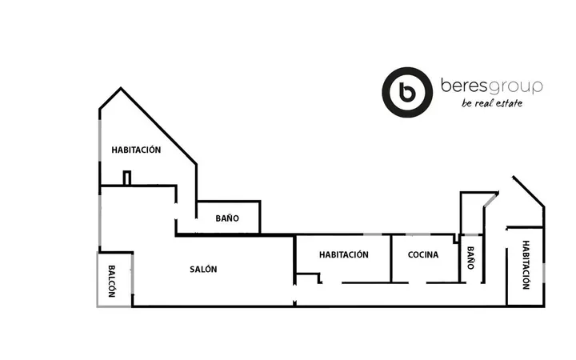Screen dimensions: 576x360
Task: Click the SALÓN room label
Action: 203,270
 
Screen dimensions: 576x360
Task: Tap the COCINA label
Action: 423,254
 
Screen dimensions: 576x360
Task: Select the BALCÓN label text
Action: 112,281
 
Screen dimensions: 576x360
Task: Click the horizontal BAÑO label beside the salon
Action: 227,218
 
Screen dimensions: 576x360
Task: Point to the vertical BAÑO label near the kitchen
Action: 470,258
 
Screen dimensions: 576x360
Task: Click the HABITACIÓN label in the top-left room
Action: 136,150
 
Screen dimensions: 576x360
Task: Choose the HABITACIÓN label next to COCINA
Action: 343,254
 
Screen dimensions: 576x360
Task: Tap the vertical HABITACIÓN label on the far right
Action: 526,265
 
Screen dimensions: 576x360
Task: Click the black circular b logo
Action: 407,92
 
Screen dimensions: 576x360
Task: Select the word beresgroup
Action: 491,86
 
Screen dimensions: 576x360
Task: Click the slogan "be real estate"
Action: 492,103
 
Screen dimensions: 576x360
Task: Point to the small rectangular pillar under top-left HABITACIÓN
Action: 127,178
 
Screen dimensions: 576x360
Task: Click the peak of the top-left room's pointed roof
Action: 121,88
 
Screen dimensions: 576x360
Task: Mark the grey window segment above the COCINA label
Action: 418,234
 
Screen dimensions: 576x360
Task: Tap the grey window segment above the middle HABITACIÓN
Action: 373,234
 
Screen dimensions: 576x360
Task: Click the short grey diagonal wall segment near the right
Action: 490,199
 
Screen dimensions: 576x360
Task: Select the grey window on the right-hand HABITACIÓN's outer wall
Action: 544,273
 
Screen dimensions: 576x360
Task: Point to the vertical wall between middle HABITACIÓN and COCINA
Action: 391,258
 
